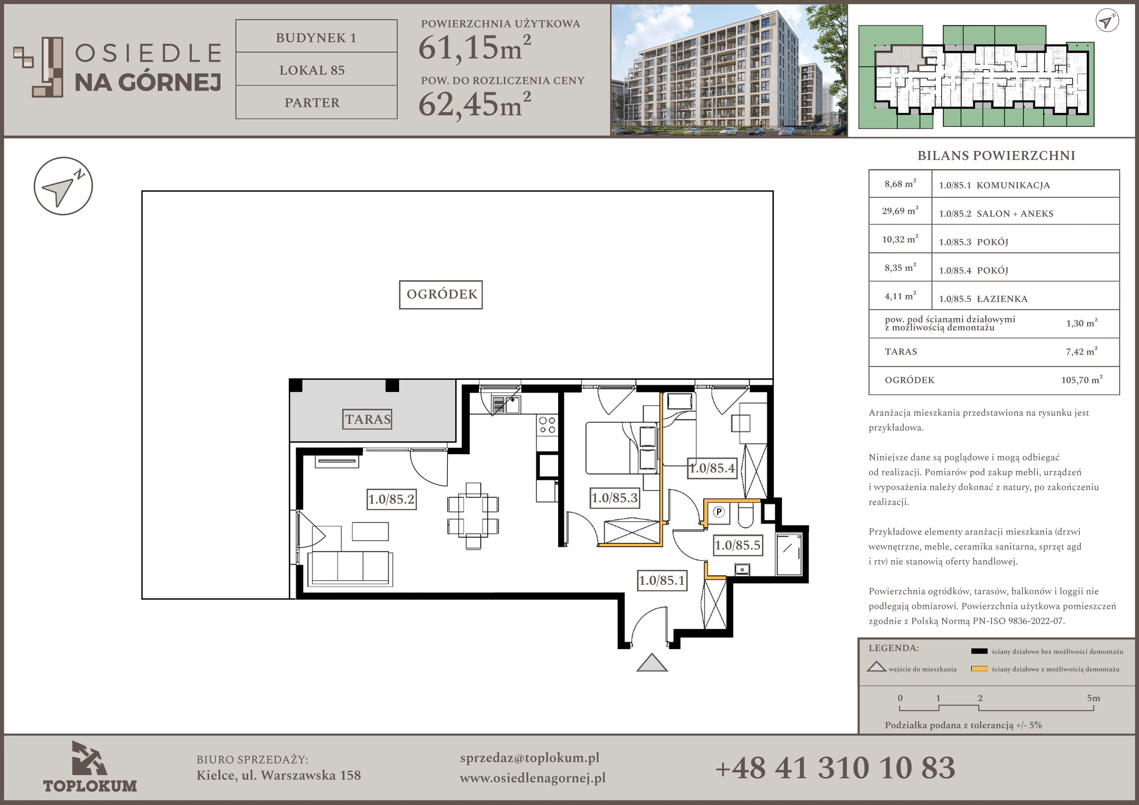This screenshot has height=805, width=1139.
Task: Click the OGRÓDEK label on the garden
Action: tap(441, 294)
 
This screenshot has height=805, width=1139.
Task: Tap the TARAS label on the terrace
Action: tap(368, 419)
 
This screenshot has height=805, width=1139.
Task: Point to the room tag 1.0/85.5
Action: tap(737, 545)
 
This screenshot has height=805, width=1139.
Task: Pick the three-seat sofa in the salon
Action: tap(350, 568)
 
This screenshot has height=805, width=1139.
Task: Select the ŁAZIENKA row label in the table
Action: tap(1002, 299)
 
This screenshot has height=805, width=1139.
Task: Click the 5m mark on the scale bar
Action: tap(1093, 698)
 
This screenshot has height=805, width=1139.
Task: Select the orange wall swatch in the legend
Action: tap(979, 669)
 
